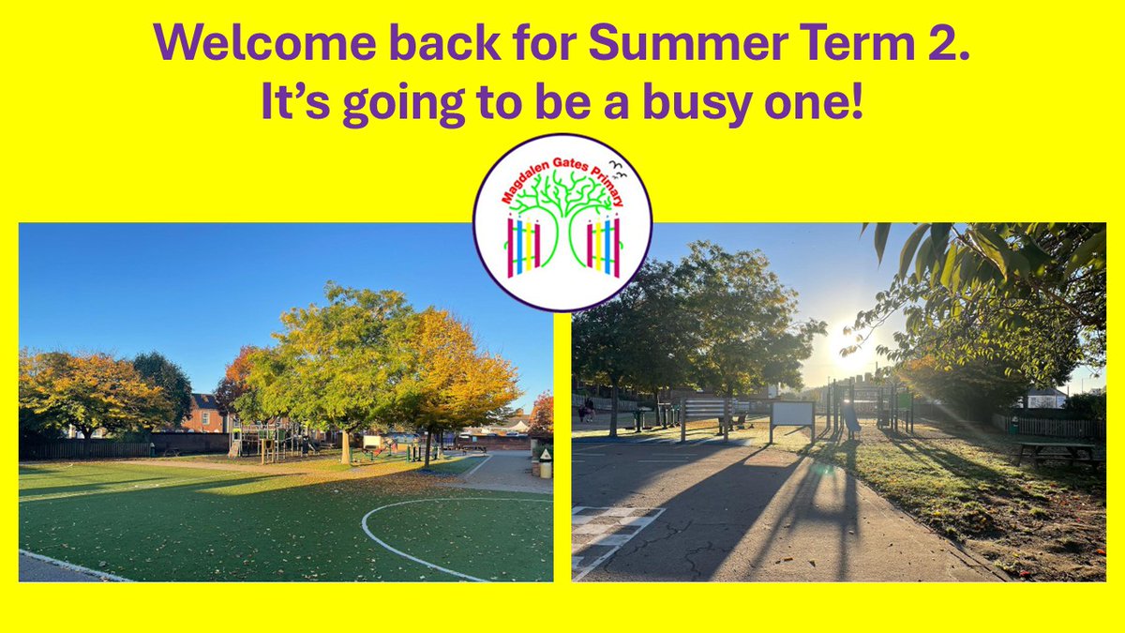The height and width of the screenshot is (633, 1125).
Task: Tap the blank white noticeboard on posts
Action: pyautogui.click(x=792, y=414)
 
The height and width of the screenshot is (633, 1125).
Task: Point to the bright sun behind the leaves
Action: pyautogui.click(x=848, y=347)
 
